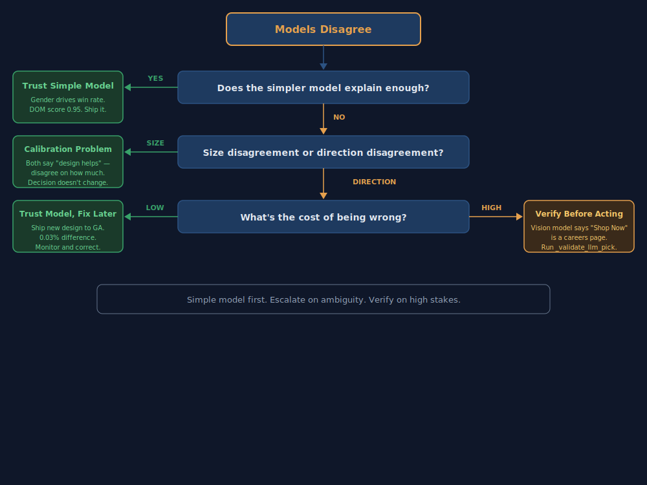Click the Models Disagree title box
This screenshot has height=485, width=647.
coord(323,29)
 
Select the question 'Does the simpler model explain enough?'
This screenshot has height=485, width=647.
coord(323,87)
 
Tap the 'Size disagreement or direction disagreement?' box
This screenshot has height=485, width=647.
coord(323,152)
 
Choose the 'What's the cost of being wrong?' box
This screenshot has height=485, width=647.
coord(323,217)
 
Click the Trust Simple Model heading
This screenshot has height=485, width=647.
coord(68,85)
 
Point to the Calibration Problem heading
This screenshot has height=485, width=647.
coord(68,149)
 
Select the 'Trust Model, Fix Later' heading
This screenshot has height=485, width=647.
coord(68,214)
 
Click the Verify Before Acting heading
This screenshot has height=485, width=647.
coord(579,214)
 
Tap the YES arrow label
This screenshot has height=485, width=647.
coord(155,79)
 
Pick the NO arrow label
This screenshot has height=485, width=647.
coord(339,118)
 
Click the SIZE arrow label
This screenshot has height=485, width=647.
coord(155,144)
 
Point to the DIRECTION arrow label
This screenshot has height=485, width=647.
coord(374,182)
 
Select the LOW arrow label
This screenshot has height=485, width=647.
coord(155,208)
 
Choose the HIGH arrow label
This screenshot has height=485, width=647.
coord(492,208)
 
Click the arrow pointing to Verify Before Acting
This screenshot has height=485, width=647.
coord(496,217)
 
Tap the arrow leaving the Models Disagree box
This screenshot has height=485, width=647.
coord(323,58)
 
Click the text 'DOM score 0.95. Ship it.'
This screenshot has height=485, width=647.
coord(68,110)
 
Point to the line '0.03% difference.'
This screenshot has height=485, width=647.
coord(68,237)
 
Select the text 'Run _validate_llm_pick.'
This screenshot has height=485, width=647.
coord(579,247)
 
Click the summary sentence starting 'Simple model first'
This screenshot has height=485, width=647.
coord(323,300)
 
